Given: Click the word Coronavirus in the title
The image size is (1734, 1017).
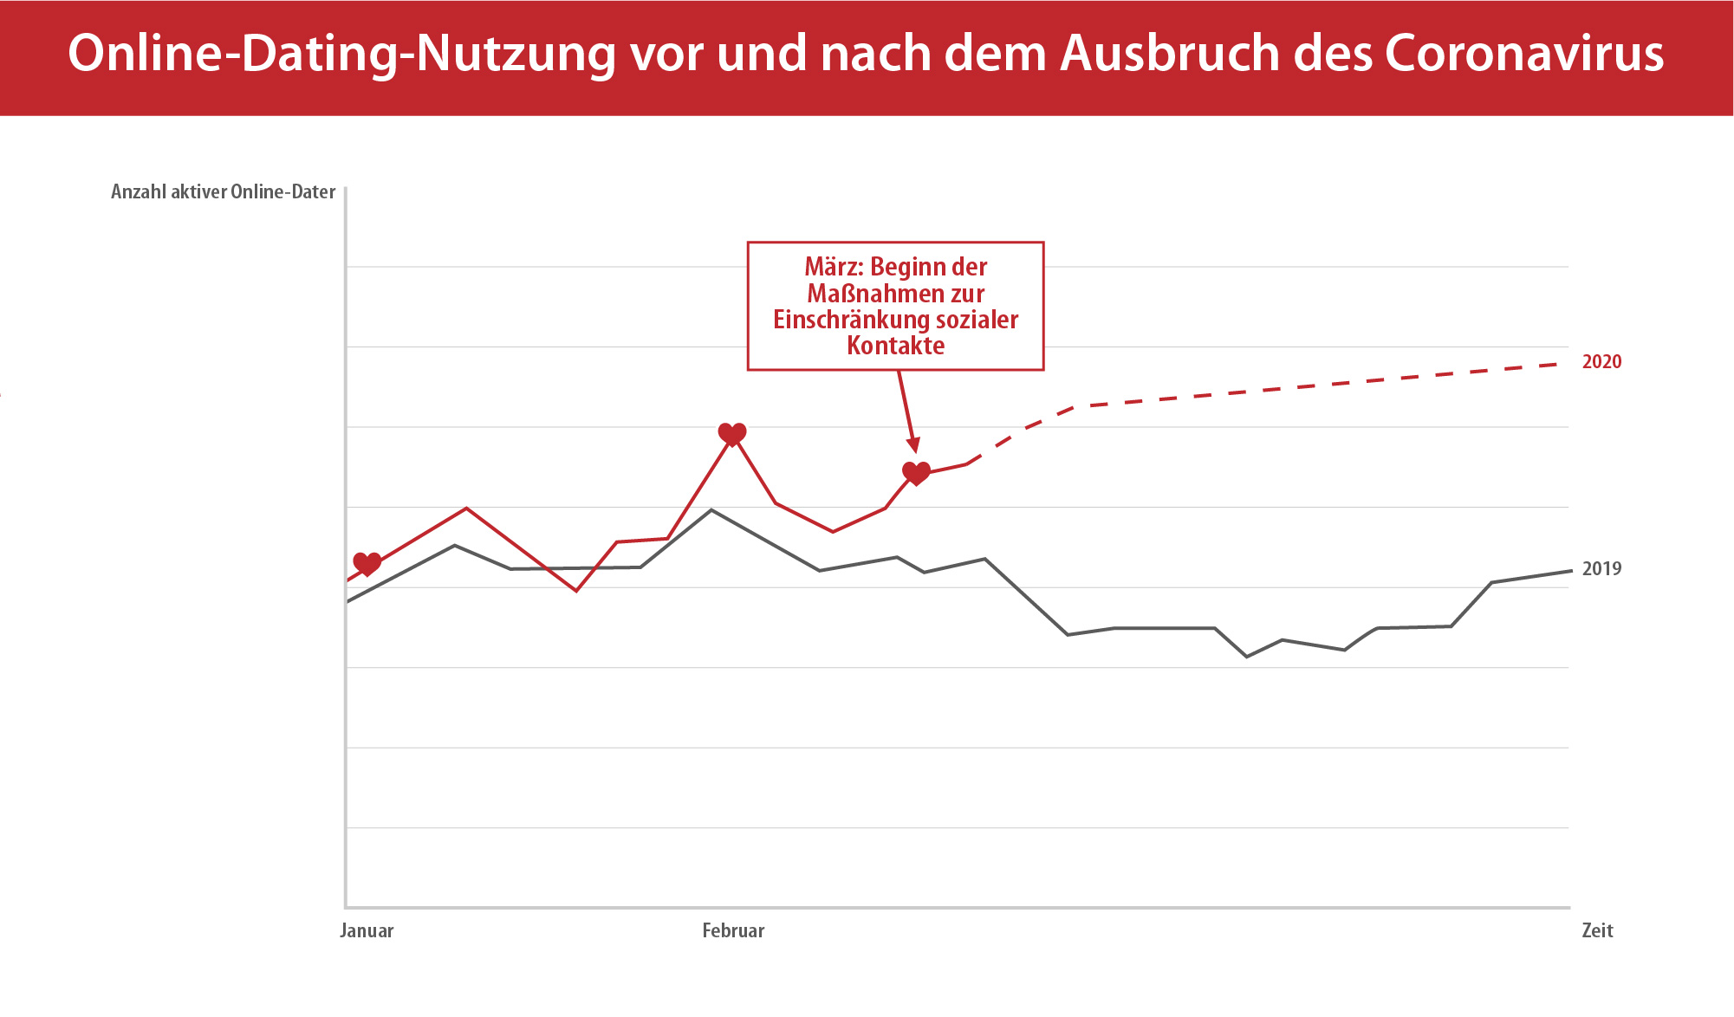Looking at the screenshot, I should point(1523,54).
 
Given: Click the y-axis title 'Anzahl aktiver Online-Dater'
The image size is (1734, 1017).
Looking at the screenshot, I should point(223,192).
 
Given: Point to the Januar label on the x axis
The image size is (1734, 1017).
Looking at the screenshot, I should point(367,931).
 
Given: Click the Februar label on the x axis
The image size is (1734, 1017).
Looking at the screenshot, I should point(733,931).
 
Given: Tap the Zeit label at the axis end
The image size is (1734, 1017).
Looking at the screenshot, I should point(1597,931).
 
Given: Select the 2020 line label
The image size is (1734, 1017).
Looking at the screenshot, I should point(1601,362).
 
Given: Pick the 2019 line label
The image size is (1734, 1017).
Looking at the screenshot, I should point(1601,569).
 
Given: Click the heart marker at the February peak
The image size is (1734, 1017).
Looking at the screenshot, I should point(732,434).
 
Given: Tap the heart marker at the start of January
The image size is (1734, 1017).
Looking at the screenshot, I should point(367,564).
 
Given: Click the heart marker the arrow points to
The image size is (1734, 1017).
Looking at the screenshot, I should point(916,473).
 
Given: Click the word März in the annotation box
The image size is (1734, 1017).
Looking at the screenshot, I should point(834,267).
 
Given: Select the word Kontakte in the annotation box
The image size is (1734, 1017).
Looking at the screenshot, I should point(896,346).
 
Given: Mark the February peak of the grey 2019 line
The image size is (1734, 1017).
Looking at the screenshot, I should point(711,509).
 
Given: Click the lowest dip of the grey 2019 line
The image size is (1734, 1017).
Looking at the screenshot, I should point(1247,657).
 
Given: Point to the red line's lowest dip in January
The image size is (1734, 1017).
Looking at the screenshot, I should point(576,591).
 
